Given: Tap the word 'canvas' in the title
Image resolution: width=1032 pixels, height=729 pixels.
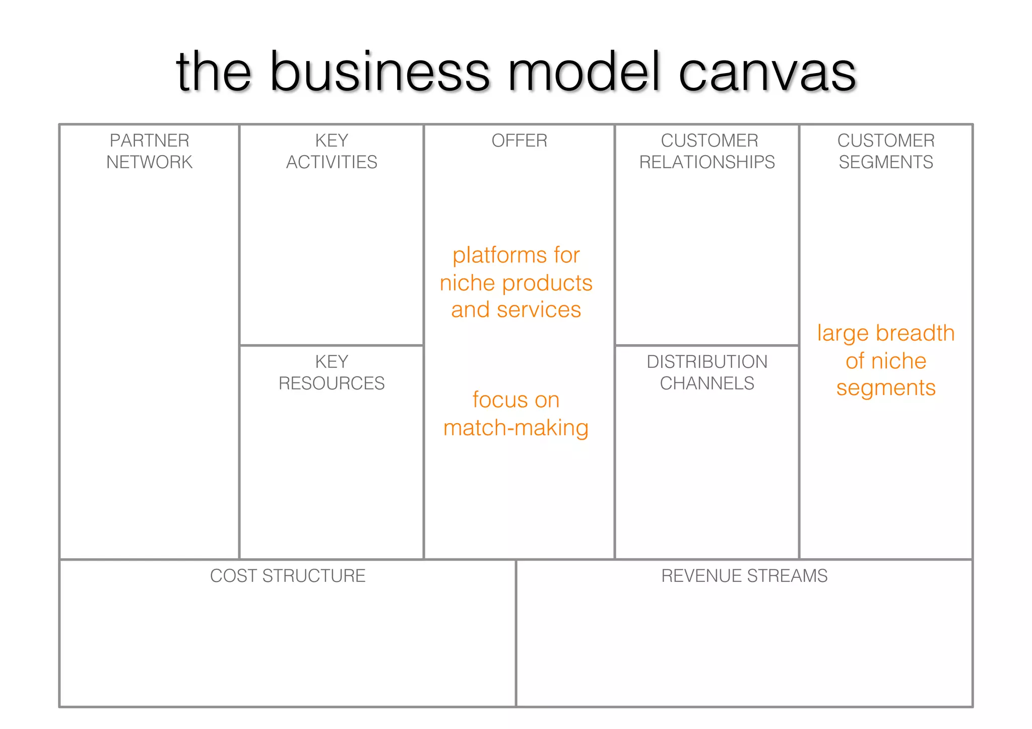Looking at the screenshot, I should point(767,73).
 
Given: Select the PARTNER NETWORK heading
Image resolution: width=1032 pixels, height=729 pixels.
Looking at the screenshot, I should point(149,151).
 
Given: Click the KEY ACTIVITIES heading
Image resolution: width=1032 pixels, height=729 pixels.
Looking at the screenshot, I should point(332,151).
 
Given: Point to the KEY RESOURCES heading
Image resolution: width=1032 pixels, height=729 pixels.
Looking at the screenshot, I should point(332,372).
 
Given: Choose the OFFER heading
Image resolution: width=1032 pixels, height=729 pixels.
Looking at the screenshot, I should point(519,141).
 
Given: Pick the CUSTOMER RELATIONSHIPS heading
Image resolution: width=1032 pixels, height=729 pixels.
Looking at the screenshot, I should point(707,151).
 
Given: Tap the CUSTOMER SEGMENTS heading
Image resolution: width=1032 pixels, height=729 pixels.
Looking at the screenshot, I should point(886,151).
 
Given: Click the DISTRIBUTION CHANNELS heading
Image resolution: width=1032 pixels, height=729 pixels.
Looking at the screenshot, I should point(707,372).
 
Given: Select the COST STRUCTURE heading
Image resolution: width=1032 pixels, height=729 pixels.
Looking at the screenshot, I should point(288,576).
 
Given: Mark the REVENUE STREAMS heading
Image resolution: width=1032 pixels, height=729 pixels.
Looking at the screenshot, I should point(744,576).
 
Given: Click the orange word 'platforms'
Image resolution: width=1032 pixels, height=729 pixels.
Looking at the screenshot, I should point(499,256).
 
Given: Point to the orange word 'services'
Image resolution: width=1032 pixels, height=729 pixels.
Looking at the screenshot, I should point(539,310).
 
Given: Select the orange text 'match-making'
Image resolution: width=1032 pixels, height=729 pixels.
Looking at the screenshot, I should point(516,428).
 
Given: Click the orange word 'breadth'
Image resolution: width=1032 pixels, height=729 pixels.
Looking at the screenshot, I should point(915,334).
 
